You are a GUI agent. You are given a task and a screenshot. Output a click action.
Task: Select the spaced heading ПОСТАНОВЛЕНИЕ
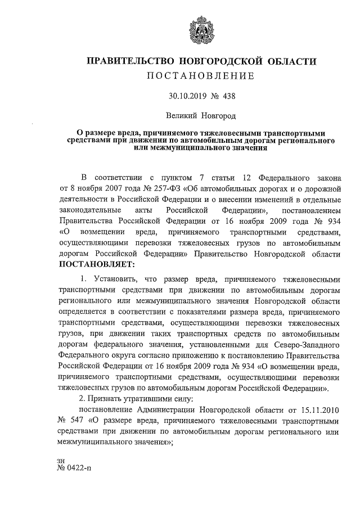coord(201,76)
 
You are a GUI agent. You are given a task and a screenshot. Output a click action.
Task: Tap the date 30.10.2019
coord(187,96)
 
